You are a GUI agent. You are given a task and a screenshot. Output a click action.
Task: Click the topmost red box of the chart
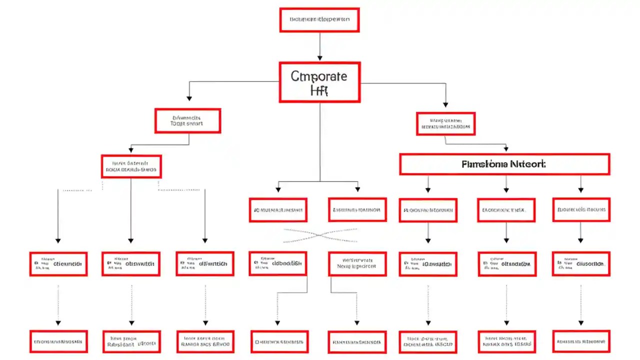[319, 20]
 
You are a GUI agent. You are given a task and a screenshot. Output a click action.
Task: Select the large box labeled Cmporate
[319, 82]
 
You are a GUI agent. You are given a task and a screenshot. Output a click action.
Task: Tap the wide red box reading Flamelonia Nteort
[504, 164]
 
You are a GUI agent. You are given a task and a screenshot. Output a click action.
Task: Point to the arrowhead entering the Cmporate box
[319, 58]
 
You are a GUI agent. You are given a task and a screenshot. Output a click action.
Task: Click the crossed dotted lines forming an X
[320, 235]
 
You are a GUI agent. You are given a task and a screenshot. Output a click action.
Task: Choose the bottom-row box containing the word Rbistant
[131, 341]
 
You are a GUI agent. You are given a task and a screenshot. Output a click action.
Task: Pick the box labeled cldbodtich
[278, 263]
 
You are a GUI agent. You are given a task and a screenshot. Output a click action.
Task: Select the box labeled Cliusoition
[581, 263]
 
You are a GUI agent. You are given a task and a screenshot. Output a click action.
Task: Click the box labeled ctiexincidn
[58, 263]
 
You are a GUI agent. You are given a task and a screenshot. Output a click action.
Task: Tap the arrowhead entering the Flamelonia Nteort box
[506, 149]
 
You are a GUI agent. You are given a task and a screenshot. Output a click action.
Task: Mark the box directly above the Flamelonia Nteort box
[445, 123]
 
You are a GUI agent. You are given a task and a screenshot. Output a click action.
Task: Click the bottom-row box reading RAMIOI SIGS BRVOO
[205, 341]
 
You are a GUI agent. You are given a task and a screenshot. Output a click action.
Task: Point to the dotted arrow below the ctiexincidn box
[58, 305]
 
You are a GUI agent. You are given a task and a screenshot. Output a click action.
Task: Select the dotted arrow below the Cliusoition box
[580, 305]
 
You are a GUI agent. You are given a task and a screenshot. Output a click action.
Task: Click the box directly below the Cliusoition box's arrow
[581, 341]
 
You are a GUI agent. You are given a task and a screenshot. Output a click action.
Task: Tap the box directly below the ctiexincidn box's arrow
[58, 341]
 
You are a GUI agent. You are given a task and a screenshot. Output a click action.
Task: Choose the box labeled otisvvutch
[131, 263]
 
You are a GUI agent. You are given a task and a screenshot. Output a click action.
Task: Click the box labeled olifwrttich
[205, 263]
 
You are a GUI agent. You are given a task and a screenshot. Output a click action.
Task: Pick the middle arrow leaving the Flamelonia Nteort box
[506, 183]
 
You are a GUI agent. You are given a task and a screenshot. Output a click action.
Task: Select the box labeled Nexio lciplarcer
[357, 263]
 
